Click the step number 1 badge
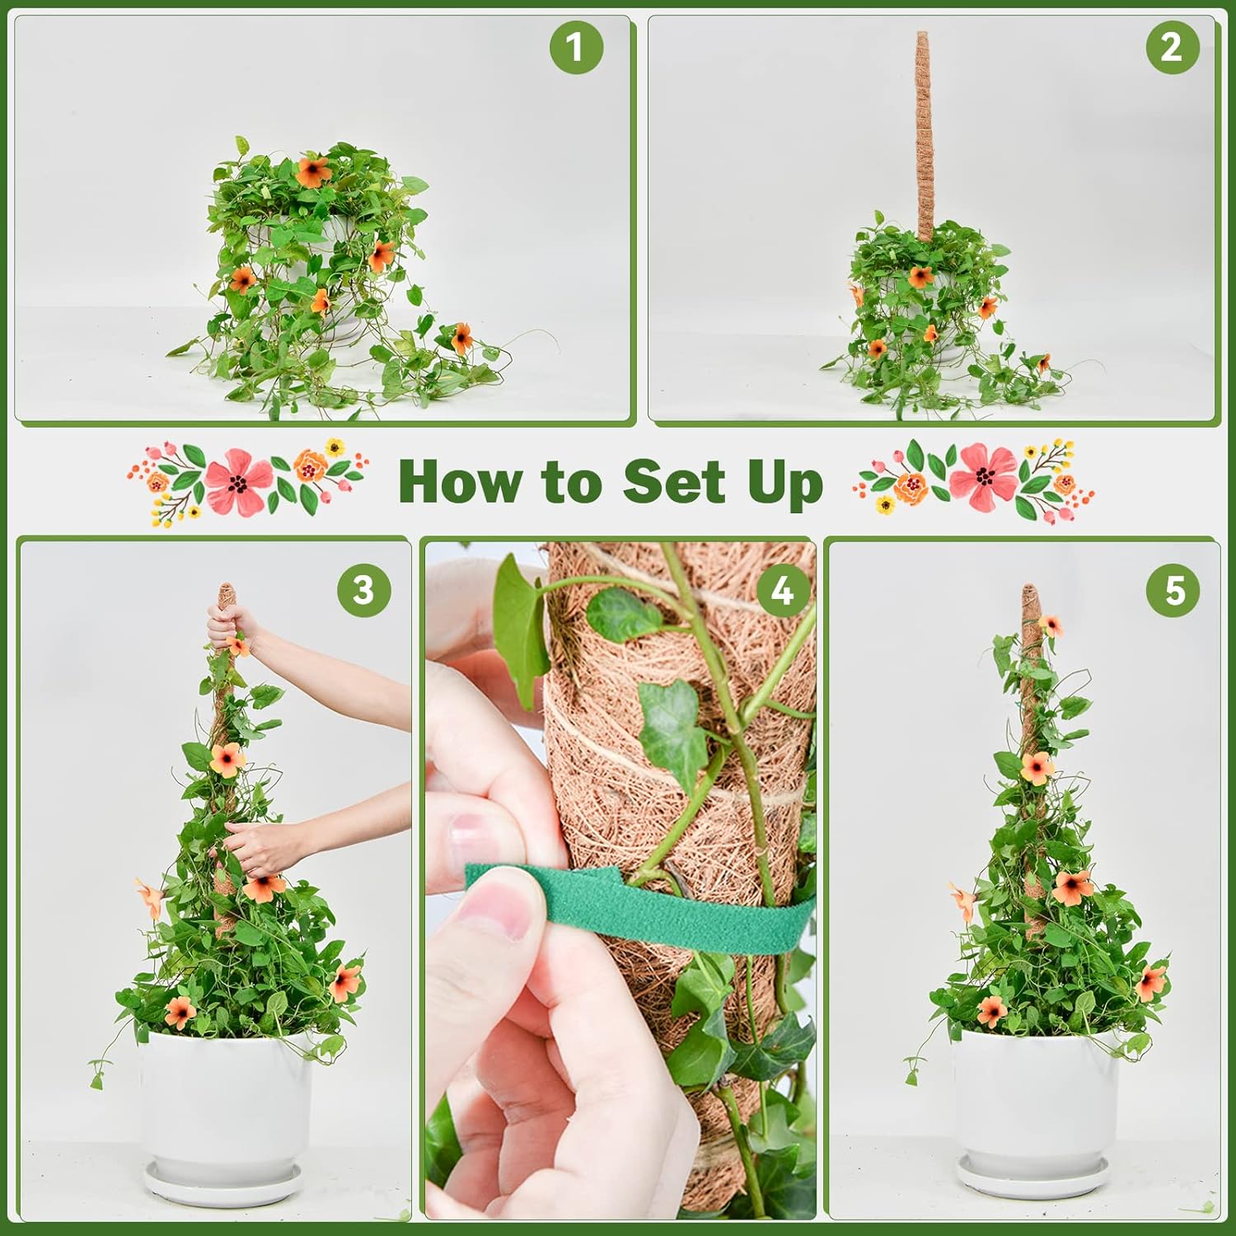[576, 47]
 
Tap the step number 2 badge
[1172, 47]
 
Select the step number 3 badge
[363, 590]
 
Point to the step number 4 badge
[781, 590]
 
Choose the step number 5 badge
[1174, 590]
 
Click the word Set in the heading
[674, 481]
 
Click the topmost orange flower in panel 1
[313, 171]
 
